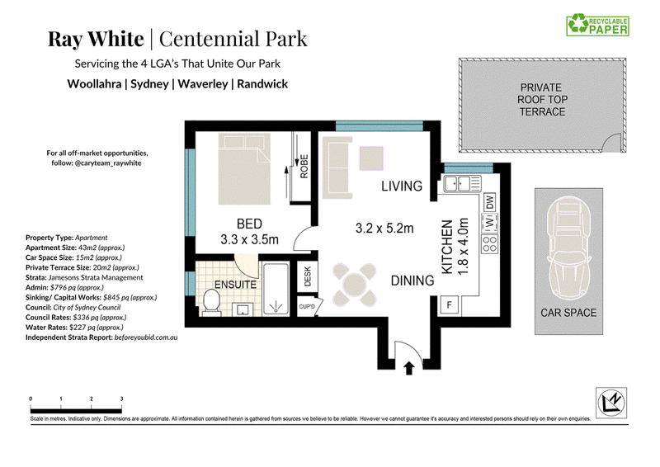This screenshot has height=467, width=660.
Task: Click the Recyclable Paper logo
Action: (x=597, y=25)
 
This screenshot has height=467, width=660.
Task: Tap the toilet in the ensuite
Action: (x=211, y=302)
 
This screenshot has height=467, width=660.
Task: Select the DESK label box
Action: (x=307, y=276)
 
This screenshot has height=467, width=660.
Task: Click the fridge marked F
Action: (x=450, y=304)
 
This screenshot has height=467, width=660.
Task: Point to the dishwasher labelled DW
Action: (x=489, y=202)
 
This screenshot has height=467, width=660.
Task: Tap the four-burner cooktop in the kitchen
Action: (x=489, y=244)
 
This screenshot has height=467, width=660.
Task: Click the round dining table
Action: (x=355, y=285)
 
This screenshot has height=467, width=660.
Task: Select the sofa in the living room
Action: (x=337, y=167)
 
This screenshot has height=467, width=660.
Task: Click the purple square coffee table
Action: (x=371, y=158)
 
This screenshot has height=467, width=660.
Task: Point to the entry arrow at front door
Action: (x=408, y=368)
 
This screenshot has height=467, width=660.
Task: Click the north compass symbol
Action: (x=611, y=403)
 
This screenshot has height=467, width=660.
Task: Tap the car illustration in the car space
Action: (x=568, y=252)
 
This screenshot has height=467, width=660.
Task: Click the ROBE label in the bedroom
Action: (x=304, y=167)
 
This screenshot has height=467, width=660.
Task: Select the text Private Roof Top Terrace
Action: (x=542, y=100)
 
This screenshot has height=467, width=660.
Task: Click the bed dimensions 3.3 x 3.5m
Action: (x=250, y=239)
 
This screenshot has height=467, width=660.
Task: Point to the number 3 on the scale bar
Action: (x=121, y=399)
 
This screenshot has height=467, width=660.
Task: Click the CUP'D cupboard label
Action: (x=307, y=306)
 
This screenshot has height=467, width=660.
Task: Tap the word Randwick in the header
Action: (x=262, y=84)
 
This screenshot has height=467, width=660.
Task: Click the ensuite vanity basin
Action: (x=243, y=309)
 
